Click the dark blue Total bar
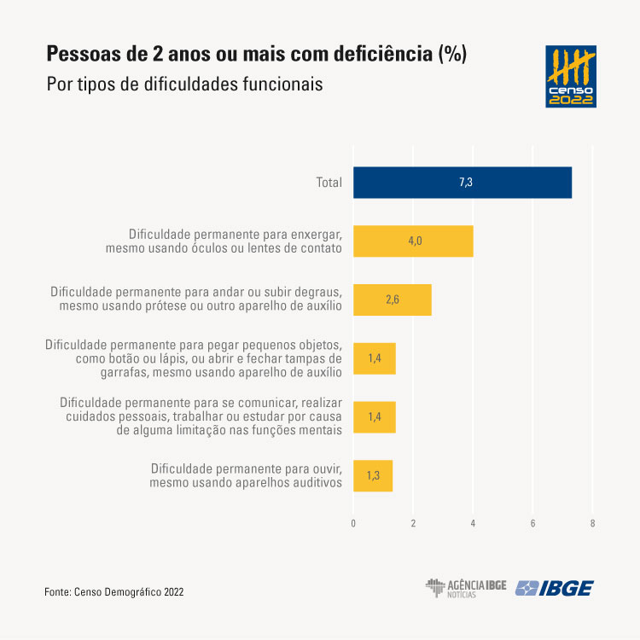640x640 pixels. tap(462, 183)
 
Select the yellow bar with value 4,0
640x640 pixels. tap(413, 241)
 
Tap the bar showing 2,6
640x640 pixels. tap(392, 300)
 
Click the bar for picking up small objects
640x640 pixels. tap(374, 358)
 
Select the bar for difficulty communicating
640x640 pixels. tap(374, 417)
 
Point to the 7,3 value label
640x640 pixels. tap(465, 183)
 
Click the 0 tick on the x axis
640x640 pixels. tap(353, 522)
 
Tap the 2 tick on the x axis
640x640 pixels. tap(413, 522)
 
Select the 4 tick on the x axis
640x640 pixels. tap(473, 522)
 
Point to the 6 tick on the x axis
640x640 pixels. tap(532, 522)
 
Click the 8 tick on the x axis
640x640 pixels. tap(592, 522)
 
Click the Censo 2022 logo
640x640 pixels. tap(570, 77)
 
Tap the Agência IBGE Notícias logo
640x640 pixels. tap(466, 588)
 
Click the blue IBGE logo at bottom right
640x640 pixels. tap(555, 588)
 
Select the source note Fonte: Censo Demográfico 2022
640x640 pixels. tap(114, 591)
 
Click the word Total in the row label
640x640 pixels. tap(328, 183)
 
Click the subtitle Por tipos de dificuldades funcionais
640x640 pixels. tap(184, 85)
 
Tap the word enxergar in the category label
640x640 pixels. tap(316, 233)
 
